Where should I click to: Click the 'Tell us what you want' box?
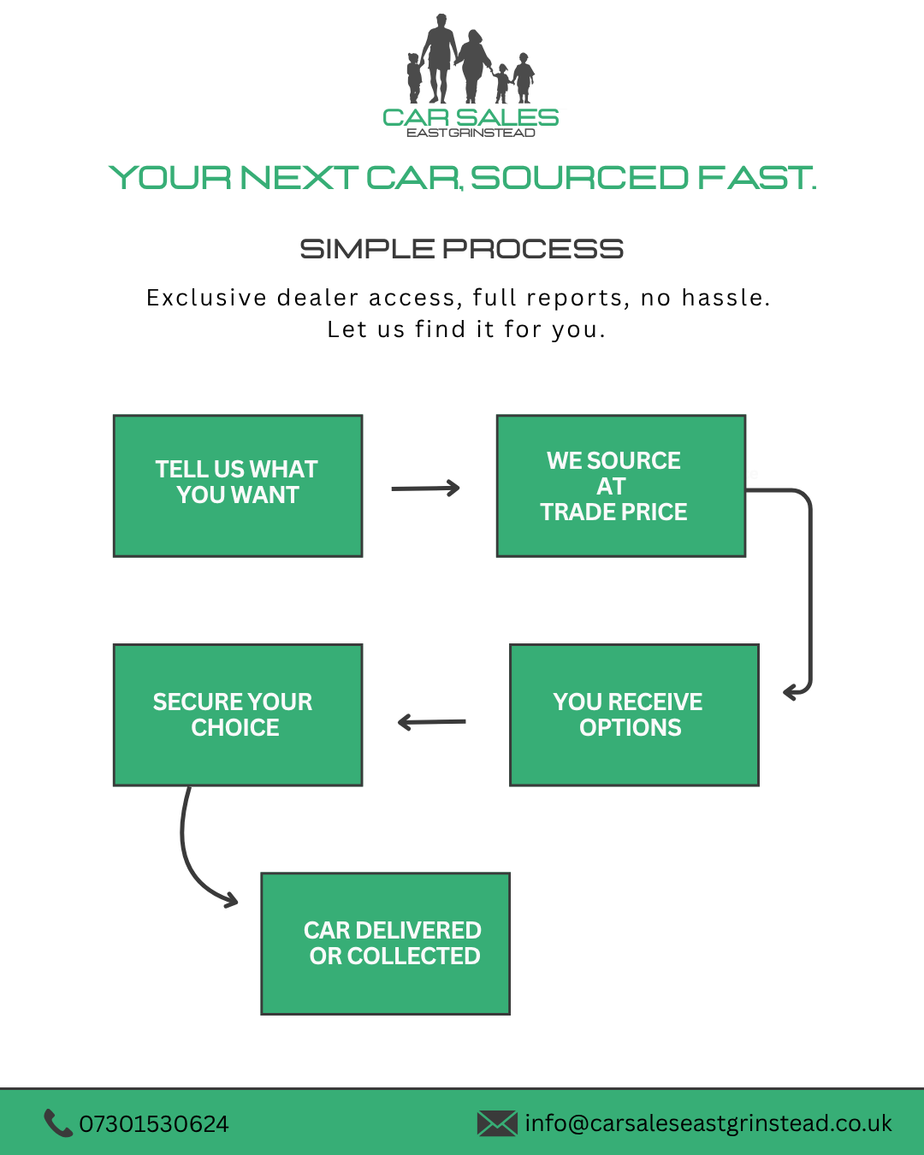(x=238, y=486)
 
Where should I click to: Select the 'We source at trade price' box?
(x=621, y=486)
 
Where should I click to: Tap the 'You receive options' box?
(x=634, y=714)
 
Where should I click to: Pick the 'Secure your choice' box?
(x=238, y=714)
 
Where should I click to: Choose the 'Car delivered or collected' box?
(x=385, y=944)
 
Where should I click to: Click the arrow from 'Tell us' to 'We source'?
(x=425, y=489)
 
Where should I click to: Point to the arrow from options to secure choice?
(x=432, y=723)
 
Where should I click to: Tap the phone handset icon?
(x=57, y=1123)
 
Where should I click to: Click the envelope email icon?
(x=497, y=1123)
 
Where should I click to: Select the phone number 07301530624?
(x=154, y=1124)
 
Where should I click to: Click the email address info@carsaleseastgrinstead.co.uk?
(x=708, y=1123)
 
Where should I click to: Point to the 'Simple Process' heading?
(x=462, y=249)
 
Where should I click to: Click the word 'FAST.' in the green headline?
(x=757, y=178)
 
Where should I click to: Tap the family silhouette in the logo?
(x=471, y=60)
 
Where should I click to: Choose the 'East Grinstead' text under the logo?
(x=471, y=133)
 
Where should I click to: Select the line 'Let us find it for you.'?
(x=466, y=329)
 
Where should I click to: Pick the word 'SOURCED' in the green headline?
(x=579, y=178)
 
